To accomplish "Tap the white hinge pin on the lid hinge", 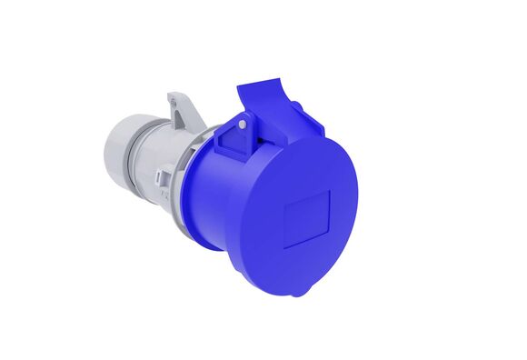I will (x=243, y=124).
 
